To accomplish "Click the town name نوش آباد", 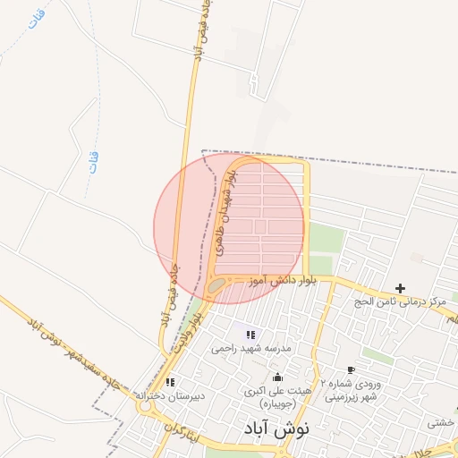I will tap(276, 428).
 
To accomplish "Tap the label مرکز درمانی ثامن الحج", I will tap(400, 302).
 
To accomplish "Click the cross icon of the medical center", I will tap(400, 288).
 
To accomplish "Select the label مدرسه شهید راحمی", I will tap(250, 348).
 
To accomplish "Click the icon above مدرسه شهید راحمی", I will tap(250, 334).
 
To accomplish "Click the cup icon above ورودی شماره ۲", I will tap(351, 369).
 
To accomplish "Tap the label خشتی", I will tap(441, 422).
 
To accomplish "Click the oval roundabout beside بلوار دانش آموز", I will tap(216, 285).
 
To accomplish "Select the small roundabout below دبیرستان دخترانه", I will tap(144, 407).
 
